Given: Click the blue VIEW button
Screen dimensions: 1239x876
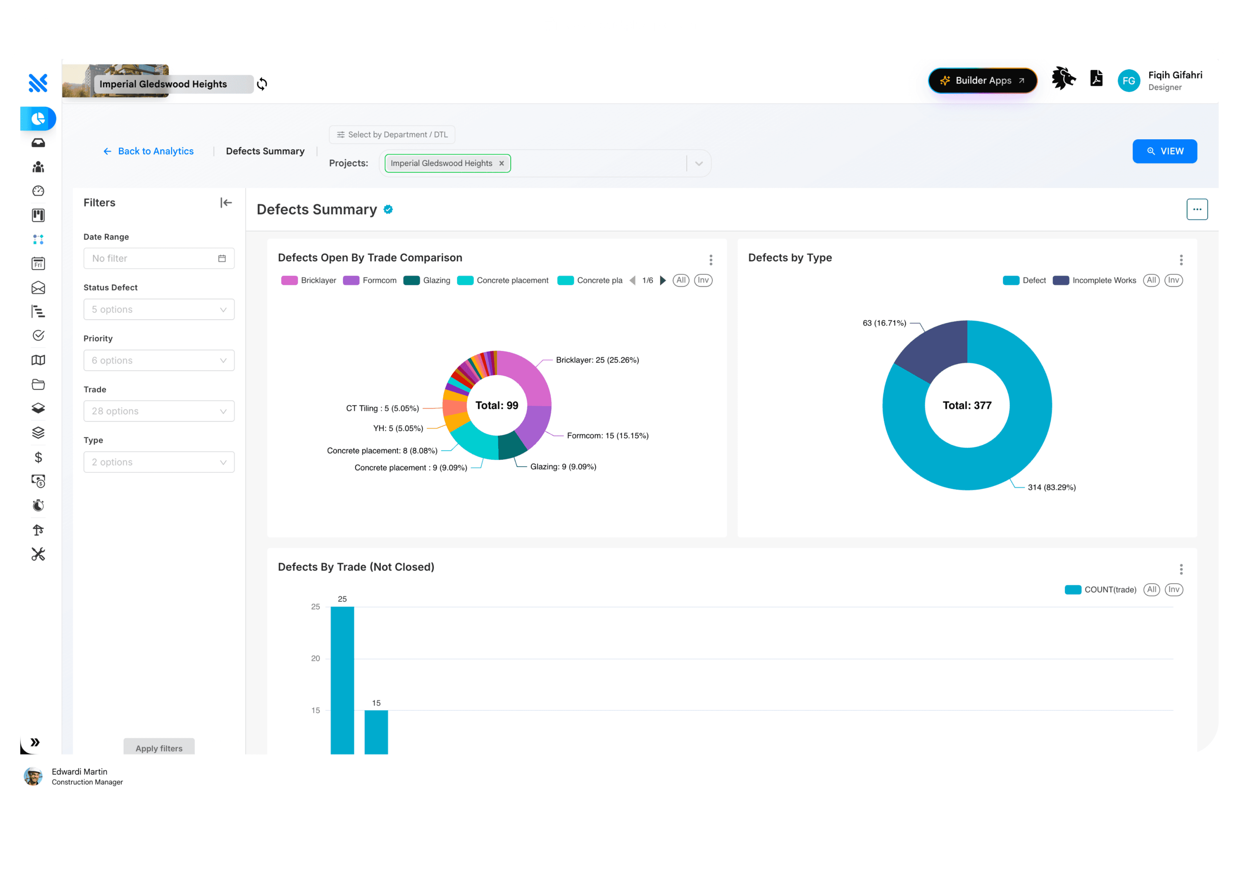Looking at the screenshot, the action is (1164, 151).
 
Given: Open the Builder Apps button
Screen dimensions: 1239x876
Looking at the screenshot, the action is (983, 80).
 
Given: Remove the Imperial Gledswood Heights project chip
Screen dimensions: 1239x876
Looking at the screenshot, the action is (501, 163).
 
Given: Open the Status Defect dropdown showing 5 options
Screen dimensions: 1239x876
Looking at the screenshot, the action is (159, 309).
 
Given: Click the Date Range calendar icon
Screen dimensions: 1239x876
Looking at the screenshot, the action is (222, 259).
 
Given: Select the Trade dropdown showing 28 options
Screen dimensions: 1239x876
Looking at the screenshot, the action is (159, 411).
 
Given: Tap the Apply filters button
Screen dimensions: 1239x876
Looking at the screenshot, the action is (159, 747).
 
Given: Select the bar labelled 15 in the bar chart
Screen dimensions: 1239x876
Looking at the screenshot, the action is (376, 732).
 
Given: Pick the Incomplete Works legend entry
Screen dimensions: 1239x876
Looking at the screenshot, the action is (1095, 280).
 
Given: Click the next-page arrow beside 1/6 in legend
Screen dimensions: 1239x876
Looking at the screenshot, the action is (663, 280).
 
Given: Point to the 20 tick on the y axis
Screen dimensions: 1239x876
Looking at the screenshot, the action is (315, 658).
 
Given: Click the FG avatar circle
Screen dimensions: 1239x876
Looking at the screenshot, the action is (1129, 81).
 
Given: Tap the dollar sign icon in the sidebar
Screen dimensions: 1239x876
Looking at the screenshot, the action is (38, 457).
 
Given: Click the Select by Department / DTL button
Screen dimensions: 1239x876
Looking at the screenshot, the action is (392, 134).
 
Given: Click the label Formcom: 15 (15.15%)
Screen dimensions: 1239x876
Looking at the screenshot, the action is (608, 436).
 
